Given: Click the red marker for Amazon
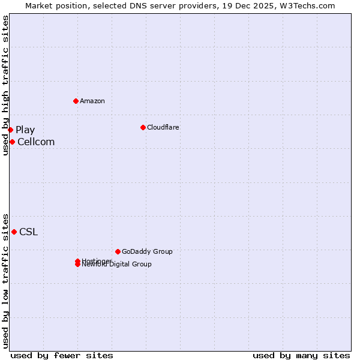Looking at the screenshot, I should (x=76, y=101).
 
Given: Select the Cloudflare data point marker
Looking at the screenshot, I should (x=143, y=127).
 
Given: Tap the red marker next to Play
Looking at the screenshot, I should (x=10, y=130).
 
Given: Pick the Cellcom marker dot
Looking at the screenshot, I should (x=12, y=142).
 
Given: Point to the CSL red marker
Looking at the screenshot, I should (x=14, y=232).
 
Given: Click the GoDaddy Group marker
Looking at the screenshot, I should (x=118, y=251).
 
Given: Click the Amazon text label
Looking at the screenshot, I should (x=92, y=101).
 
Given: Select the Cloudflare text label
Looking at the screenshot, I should (x=163, y=127).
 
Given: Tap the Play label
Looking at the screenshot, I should (x=25, y=130).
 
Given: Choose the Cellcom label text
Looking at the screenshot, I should (x=36, y=142).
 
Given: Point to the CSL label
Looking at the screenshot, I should (x=28, y=232).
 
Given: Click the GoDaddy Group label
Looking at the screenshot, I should (x=147, y=251).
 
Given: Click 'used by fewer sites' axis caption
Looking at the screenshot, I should (x=62, y=356).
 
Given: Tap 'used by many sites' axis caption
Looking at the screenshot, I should (x=301, y=356).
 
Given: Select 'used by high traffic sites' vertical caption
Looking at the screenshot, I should (x=5, y=85).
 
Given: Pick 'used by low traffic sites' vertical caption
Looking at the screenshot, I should (x=5, y=280).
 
